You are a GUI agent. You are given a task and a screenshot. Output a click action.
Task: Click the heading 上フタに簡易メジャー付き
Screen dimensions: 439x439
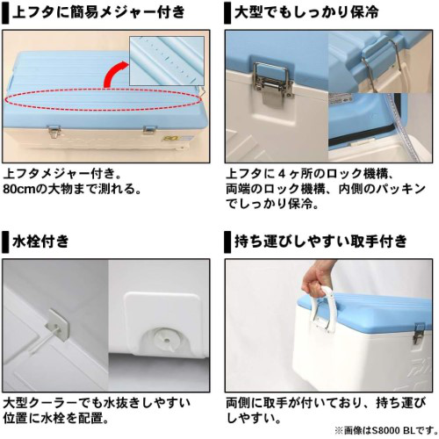tap(98, 13)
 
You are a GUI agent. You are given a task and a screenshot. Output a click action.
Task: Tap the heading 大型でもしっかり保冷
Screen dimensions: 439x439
tap(306, 13)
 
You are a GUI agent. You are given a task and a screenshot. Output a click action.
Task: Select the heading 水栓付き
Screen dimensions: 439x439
tap(40, 241)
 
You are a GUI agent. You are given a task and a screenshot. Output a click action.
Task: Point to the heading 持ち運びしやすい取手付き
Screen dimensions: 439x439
tap(320, 241)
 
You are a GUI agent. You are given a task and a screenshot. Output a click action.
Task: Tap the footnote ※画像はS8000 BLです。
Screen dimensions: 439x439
tap(386, 430)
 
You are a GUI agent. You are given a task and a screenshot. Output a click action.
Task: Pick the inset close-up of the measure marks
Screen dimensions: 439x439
tap(167, 61)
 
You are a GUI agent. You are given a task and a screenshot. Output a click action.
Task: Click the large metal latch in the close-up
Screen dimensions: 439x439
tap(273, 82)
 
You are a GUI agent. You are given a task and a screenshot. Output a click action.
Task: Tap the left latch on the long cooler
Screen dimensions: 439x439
tap(54, 132)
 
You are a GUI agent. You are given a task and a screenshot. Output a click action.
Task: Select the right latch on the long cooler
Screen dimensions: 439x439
tap(150, 130)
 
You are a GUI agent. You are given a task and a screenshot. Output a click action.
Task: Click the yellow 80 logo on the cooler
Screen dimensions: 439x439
tap(169, 137)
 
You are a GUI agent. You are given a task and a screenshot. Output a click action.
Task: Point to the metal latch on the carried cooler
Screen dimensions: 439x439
tap(419, 334)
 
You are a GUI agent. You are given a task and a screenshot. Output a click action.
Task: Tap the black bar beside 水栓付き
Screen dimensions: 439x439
tap(5, 242)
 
